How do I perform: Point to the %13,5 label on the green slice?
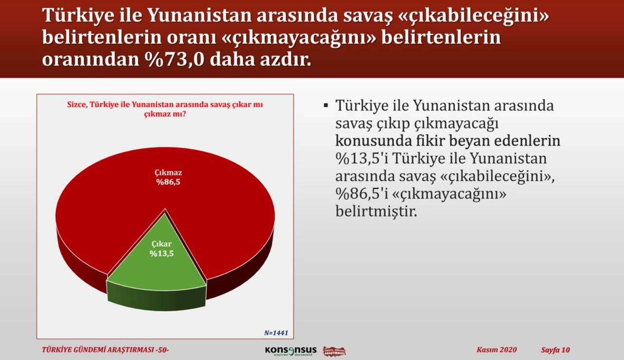(x=161, y=253)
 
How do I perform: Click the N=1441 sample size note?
(x=276, y=333)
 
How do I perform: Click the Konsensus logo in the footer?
(x=291, y=351)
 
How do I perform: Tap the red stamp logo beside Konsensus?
(x=334, y=351)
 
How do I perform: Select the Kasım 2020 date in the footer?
(x=496, y=350)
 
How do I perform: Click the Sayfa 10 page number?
(x=555, y=350)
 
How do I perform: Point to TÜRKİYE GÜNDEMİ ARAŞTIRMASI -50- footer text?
(x=106, y=350)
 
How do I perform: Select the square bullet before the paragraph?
(x=326, y=106)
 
